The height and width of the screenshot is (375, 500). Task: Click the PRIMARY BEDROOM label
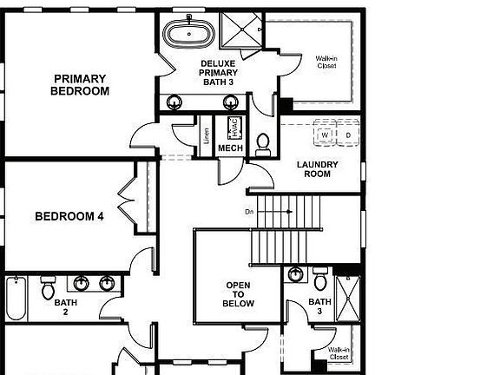pos(80,84)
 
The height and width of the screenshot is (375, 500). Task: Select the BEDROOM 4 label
pos(69,216)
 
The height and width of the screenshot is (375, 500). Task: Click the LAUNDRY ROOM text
pos(317,168)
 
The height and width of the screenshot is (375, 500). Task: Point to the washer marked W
pos(325,135)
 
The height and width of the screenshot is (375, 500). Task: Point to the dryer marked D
pos(347,135)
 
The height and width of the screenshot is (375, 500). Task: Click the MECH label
pos(230,148)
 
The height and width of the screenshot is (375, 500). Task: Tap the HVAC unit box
pos(233,128)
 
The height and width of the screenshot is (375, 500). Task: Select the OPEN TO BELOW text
pos(240,294)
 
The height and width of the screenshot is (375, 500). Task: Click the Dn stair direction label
pos(249,211)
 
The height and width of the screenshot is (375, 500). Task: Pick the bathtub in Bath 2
pos(16,299)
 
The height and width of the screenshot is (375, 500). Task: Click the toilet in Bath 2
pos(48,286)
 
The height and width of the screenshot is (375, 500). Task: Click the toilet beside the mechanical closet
pos(263,142)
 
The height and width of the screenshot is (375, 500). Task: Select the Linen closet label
pos(207,135)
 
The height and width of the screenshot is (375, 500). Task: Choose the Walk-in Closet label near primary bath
pos(326,62)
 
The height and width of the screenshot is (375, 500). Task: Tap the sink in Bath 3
pos(295,275)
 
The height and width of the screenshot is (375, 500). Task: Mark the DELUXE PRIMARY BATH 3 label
pos(218,73)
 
